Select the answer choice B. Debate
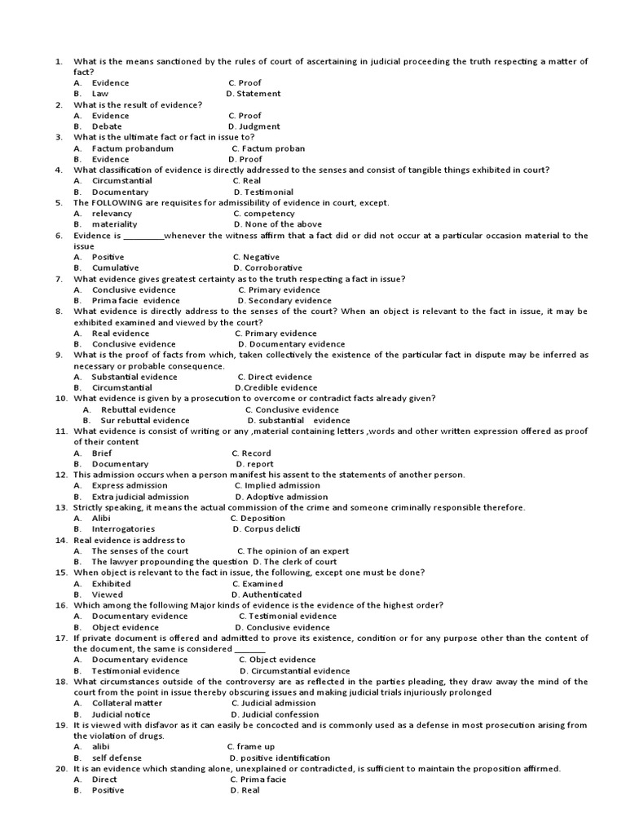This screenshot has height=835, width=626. pyautogui.click(x=101, y=126)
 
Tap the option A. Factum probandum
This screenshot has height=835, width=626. pyautogui.click(x=123, y=148)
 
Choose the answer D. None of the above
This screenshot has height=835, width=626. pyautogui.click(x=277, y=224)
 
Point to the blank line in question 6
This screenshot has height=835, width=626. pyautogui.click(x=144, y=236)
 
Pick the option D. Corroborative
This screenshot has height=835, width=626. pyautogui.click(x=267, y=267)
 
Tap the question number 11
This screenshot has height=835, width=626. pyautogui.click(x=61, y=431)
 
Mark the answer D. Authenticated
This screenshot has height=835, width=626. pyautogui.click(x=267, y=595)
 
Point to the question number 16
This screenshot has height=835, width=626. pyautogui.click(x=61, y=605)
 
